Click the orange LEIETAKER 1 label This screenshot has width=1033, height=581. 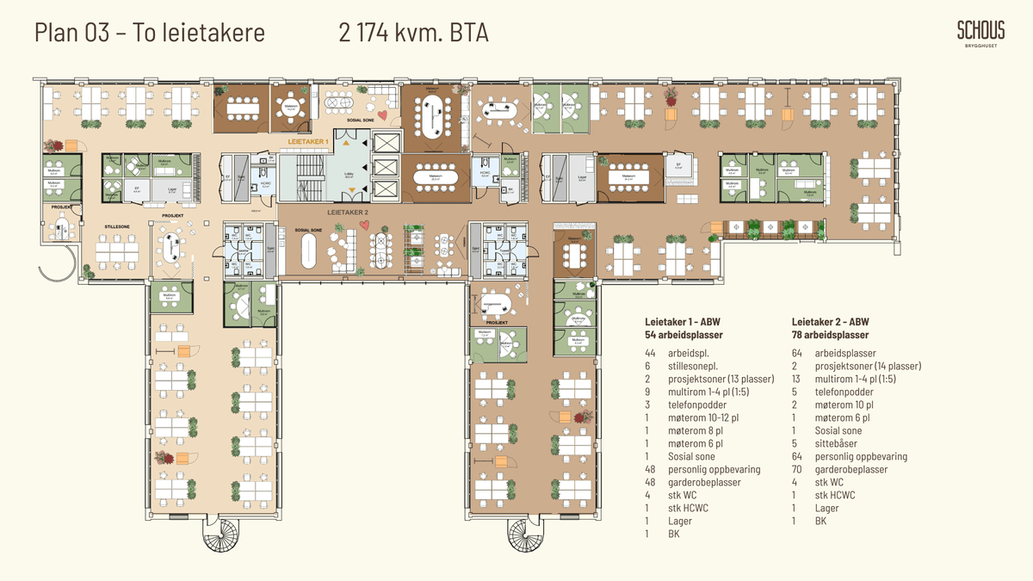coord(308,140)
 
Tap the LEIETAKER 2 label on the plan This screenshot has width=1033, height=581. coord(348,211)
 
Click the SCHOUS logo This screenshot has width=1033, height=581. coord(980,31)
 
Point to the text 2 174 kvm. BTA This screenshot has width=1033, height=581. coord(413,34)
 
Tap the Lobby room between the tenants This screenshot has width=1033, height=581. coord(349,171)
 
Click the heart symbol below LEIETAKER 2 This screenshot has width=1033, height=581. coord(364,225)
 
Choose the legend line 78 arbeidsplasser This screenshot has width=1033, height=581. coord(830,335)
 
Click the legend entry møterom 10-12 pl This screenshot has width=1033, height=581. coord(703,417)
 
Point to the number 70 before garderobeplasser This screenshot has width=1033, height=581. coord(797,469)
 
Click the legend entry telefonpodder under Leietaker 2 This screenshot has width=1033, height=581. coord(844,392)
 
